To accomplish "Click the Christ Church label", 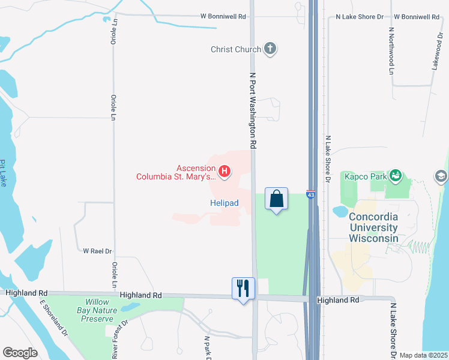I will click(x=236, y=50).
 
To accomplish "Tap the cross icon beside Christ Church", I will click(x=270, y=49).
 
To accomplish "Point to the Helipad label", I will click(x=224, y=203).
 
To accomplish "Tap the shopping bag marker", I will click(x=276, y=199).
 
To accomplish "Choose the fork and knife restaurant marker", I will click(x=243, y=288).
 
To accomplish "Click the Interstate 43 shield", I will click(x=310, y=195).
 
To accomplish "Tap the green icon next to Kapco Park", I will click(x=396, y=175).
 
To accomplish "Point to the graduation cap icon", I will click(x=441, y=176).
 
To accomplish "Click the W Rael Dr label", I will click(x=98, y=251).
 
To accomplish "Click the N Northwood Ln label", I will click(x=391, y=50).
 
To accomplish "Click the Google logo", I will click(x=20, y=353).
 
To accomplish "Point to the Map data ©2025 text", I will click(x=423, y=355).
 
